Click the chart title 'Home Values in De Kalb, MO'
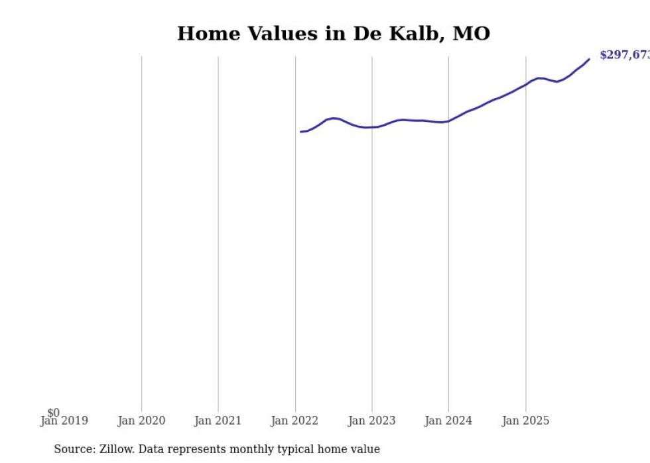(x=334, y=34)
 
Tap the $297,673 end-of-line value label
(x=624, y=55)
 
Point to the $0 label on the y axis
(x=54, y=413)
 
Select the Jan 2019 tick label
(x=64, y=421)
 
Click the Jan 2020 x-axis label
(x=141, y=421)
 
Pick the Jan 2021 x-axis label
(x=218, y=421)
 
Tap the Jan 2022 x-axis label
(x=294, y=421)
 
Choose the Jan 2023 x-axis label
(x=371, y=421)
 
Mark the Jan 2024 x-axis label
(x=448, y=421)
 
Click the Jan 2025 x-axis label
(x=525, y=421)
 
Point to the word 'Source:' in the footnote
(x=75, y=449)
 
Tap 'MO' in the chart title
(x=471, y=34)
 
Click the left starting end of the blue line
(x=300, y=132)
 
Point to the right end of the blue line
(x=589, y=60)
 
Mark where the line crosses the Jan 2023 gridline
(x=372, y=127)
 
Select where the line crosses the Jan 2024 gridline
(x=448, y=121)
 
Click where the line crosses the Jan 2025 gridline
(x=525, y=84)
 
